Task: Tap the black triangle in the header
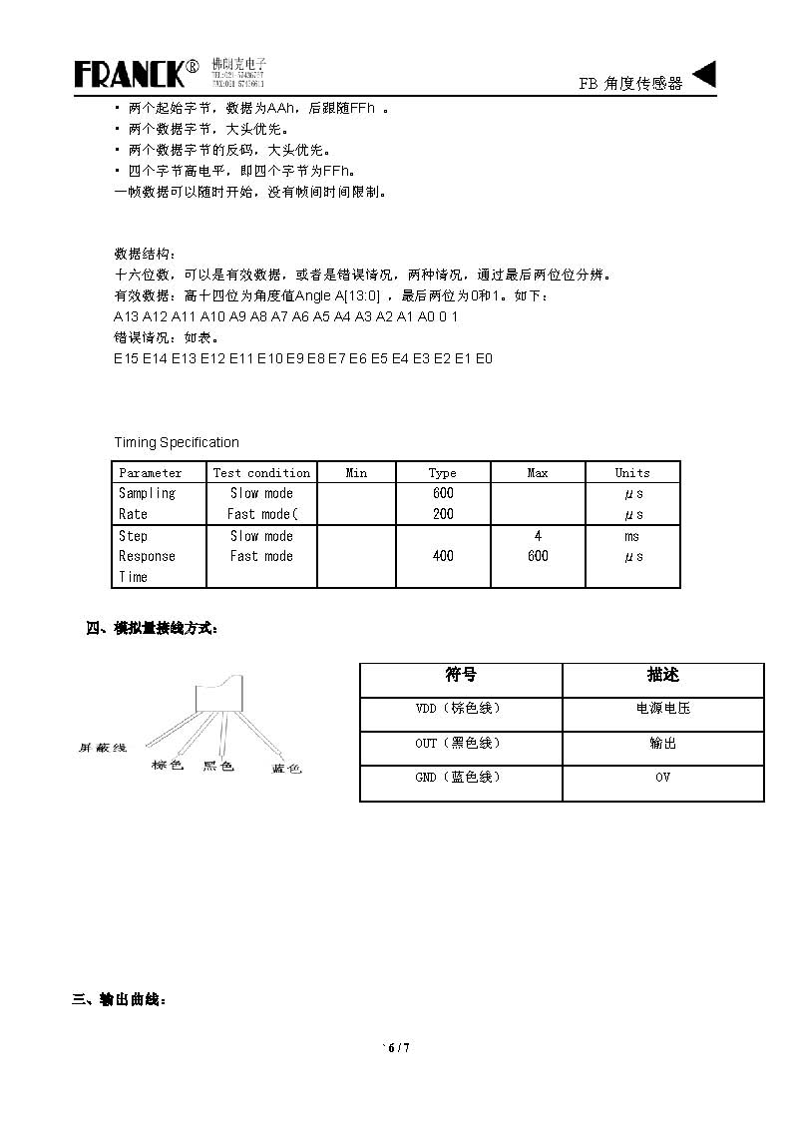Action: (703, 74)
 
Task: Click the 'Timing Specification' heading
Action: (177, 442)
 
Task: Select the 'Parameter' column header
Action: (151, 473)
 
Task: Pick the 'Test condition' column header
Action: (261, 473)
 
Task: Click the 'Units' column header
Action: (632, 473)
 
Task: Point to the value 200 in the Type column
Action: (443, 514)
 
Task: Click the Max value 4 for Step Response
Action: (538, 536)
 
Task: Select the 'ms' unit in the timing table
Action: (632, 536)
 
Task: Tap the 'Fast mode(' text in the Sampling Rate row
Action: (262, 514)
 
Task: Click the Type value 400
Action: (443, 556)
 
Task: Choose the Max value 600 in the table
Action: (538, 556)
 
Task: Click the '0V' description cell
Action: (663, 777)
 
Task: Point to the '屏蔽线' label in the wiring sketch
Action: (103, 747)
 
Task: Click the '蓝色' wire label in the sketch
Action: (286, 768)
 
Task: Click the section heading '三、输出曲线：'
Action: (119, 998)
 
